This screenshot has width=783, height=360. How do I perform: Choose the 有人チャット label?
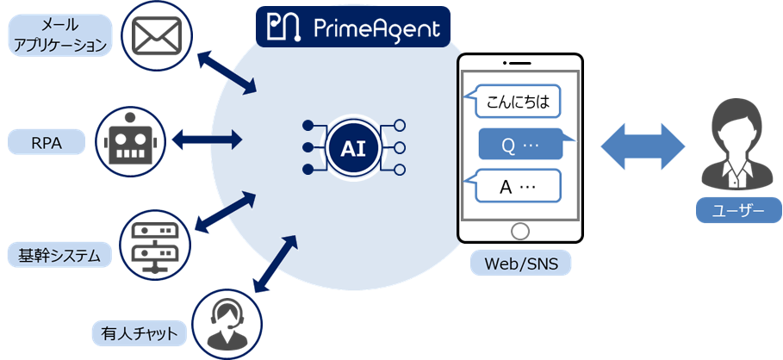coord(138,332)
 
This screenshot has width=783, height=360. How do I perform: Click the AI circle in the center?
coord(353,149)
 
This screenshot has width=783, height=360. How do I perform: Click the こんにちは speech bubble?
coord(512,101)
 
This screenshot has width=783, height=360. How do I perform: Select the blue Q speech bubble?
coord(521,145)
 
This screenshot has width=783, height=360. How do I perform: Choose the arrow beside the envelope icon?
coord(227,71)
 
